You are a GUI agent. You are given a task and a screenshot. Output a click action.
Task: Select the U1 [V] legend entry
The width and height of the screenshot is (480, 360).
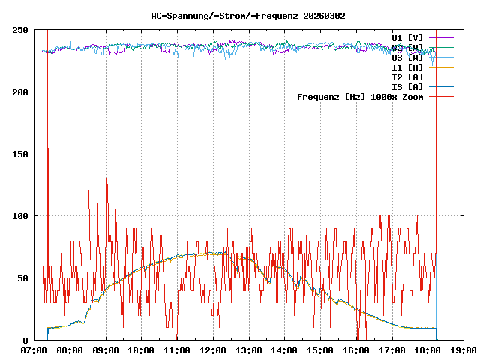pyautogui.click(x=407, y=37)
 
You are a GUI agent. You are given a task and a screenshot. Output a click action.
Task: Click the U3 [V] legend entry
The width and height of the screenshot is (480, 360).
pyautogui.click(x=407, y=57)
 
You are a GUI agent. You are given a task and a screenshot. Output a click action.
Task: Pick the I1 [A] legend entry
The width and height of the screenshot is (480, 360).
pyautogui.click(x=407, y=67)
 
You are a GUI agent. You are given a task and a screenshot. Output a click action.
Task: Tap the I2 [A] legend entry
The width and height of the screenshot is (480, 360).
pyautogui.click(x=407, y=76)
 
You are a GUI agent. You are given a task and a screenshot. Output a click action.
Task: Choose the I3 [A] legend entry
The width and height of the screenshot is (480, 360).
pyautogui.click(x=407, y=86)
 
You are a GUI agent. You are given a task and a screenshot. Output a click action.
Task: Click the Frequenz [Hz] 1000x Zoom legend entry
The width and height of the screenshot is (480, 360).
pyautogui.click(x=360, y=97)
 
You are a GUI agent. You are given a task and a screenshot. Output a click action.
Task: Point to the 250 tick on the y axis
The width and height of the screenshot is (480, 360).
pyautogui.click(x=20, y=30)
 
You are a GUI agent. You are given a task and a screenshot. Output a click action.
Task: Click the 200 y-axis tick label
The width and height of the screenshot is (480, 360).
pyautogui.click(x=20, y=92)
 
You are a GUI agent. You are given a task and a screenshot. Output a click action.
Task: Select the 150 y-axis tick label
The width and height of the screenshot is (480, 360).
pyautogui.click(x=20, y=154)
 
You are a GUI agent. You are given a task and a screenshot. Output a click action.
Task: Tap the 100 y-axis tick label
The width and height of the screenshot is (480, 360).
pyautogui.click(x=20, y=216)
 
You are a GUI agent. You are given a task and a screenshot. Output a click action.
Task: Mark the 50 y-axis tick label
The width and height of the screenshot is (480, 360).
pyautogui.click(x=23, y=278)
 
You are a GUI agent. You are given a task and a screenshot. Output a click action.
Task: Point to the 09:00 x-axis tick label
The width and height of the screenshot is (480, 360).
pyautogui.click(x=106, y=350)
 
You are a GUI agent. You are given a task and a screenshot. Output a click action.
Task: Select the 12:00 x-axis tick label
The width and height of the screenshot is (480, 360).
pyautogui.click(x=213, y=350)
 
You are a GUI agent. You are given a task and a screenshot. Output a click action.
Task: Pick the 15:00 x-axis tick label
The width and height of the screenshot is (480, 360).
pyautogui.click(x=320, y=350)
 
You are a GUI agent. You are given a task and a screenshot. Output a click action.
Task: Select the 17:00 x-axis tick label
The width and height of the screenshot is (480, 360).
pyautogui.click(x=392, y=350)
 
